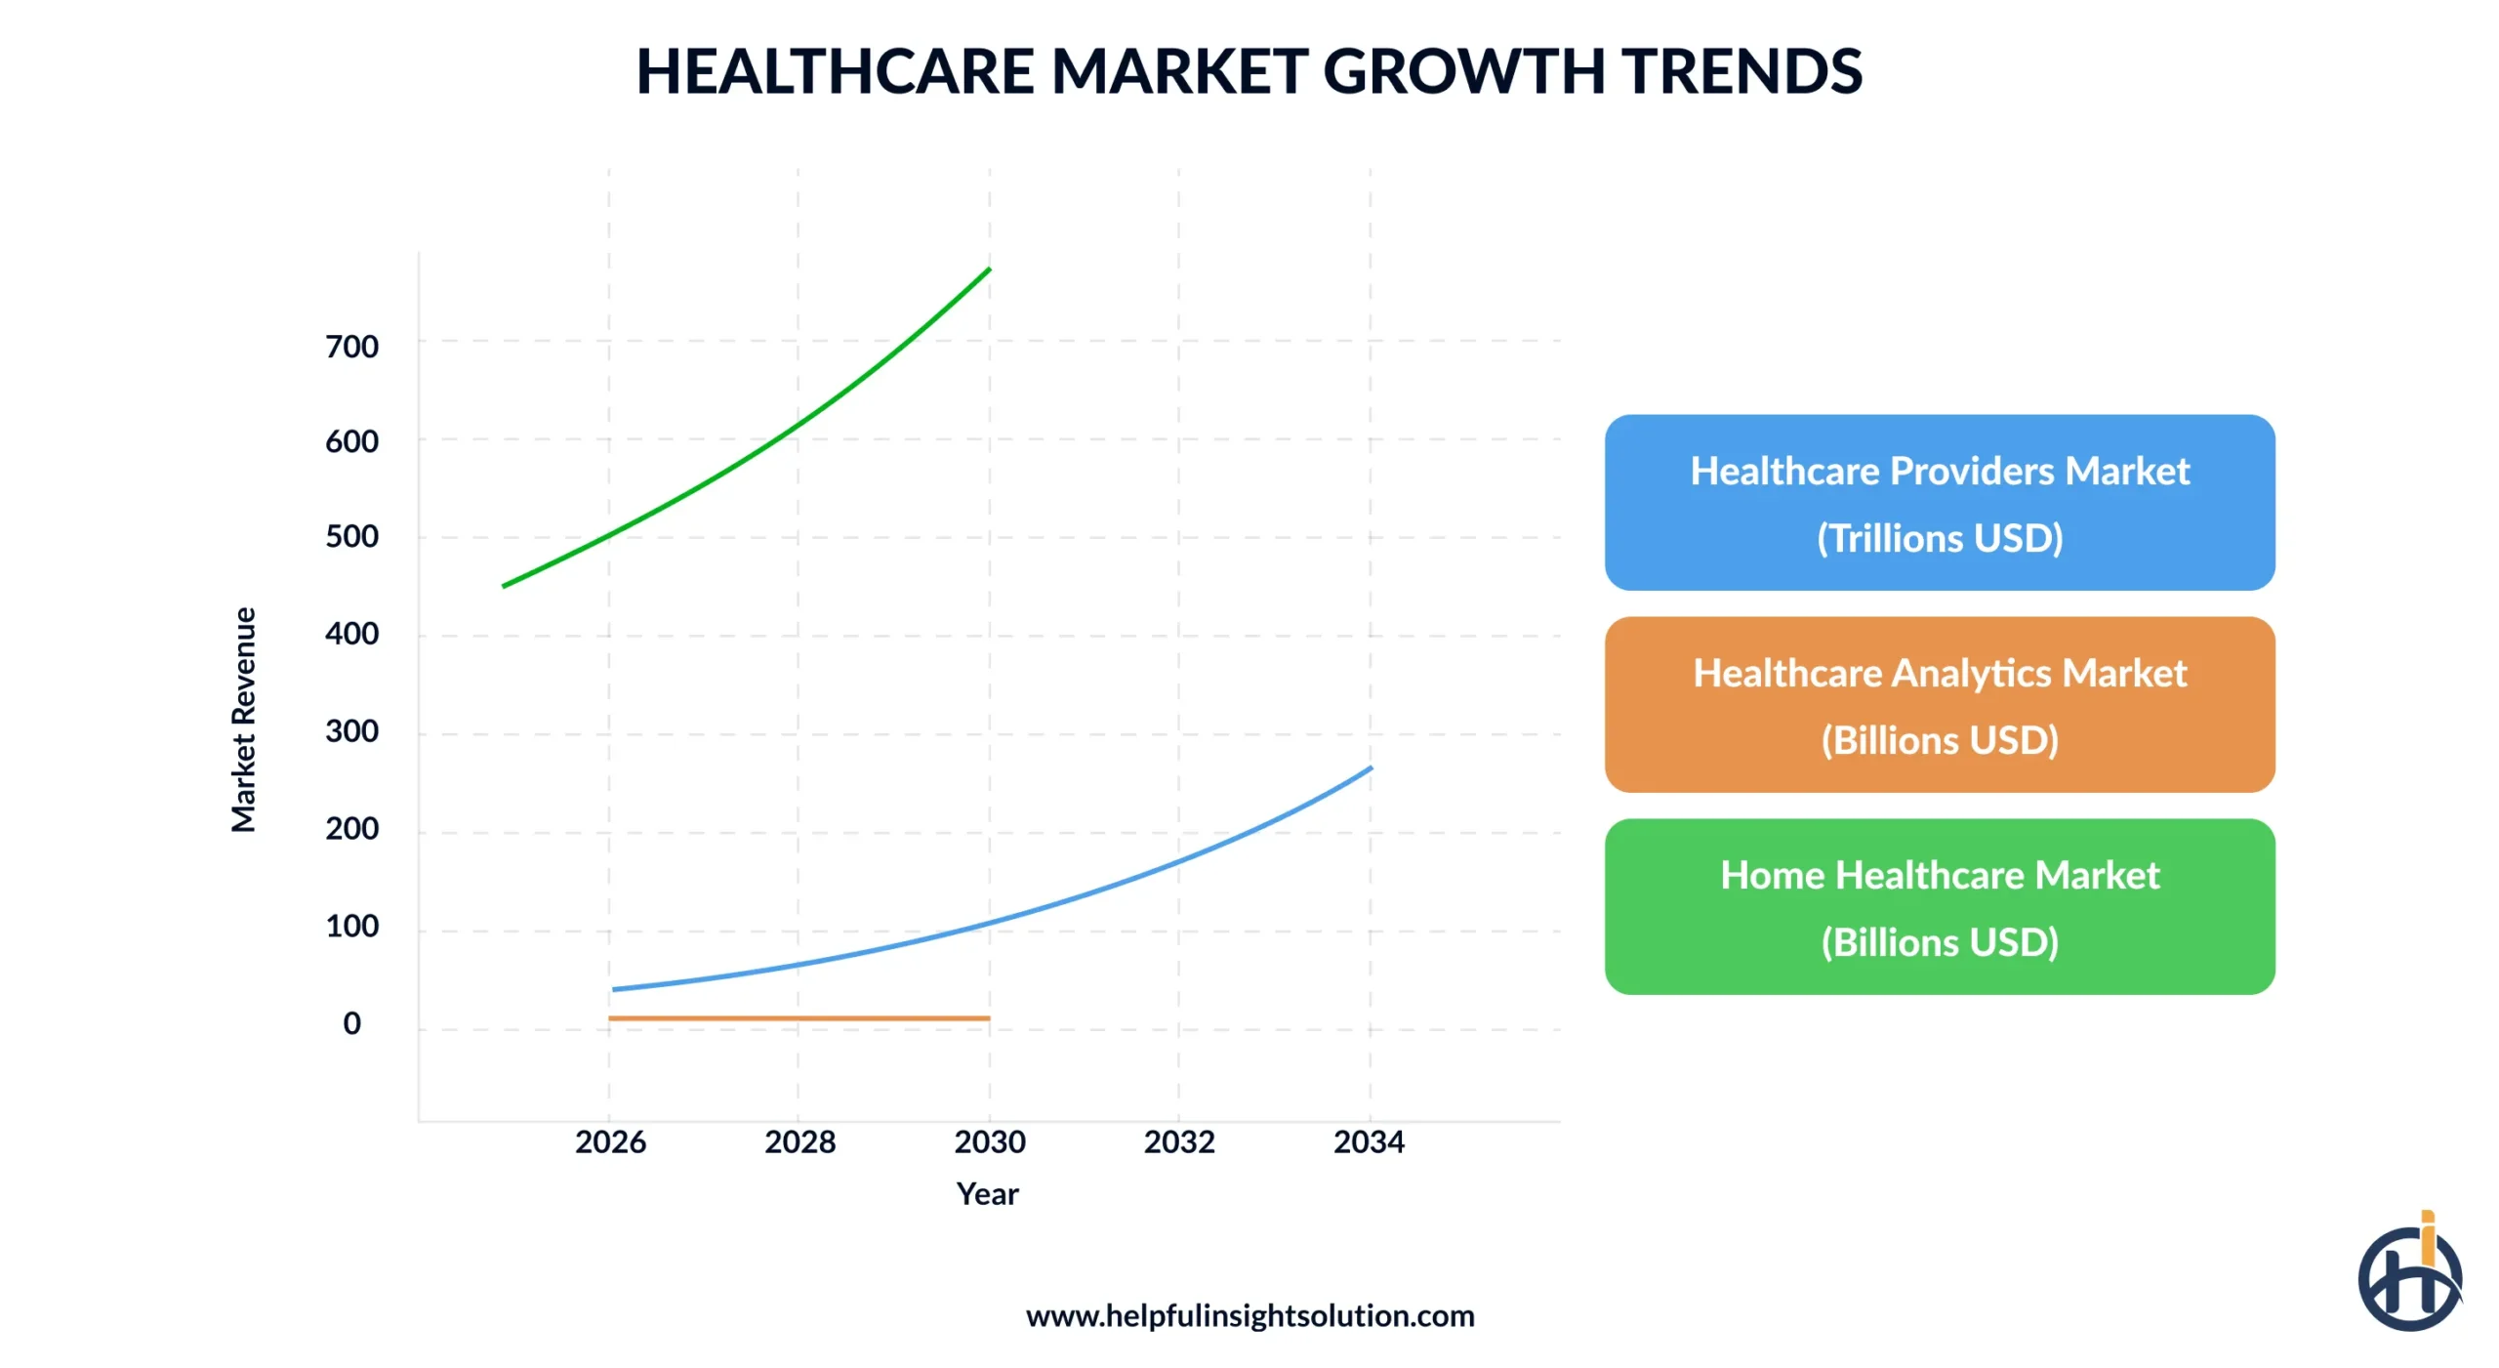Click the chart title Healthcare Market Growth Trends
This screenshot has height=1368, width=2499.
[x=1249, y=71]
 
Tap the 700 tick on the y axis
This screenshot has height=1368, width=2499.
[x=351, y=347]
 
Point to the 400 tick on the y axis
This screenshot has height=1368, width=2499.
[x=351, y=634]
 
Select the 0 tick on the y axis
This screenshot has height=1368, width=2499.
[x=351, y=1023]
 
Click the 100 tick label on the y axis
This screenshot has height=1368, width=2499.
[x=351, y=926]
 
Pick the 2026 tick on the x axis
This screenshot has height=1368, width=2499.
[x=610, y=1141]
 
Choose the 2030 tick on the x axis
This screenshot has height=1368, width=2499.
[x=990, y=1141]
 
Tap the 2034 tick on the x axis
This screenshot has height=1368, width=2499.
[x=1369, y=1141]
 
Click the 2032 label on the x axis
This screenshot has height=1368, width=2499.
[x=1179, y=1141]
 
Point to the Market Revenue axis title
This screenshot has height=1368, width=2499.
[x=243, y=720]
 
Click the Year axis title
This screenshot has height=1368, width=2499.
[x=987, y=1193]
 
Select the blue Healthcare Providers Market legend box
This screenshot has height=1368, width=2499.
[x=1939, y=503]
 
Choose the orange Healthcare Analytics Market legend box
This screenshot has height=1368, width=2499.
[x=1939, y=705]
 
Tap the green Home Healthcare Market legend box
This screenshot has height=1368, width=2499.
[x=1939, y=907]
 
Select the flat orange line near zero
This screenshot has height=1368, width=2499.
[x=799, y=1018]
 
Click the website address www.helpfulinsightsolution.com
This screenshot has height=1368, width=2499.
[x=1249, y=1315]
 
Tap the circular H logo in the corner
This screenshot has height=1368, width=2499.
[x=2409, y=1275]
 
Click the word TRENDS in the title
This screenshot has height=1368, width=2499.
[x=1741, y=71]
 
